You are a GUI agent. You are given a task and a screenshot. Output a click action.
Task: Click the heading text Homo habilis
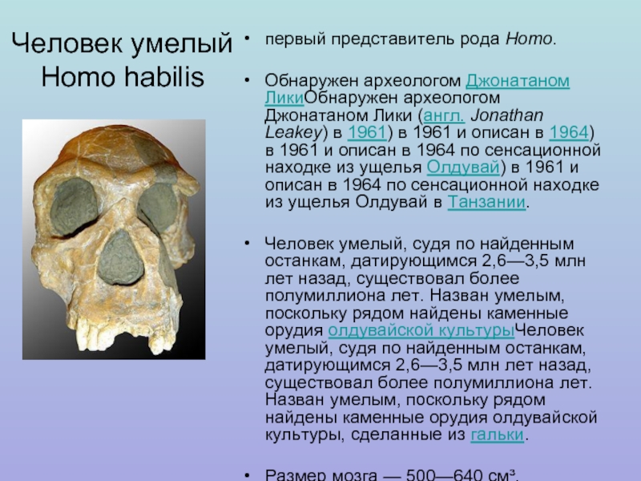point(123,77)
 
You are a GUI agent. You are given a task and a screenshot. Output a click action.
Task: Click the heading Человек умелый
point(122,43)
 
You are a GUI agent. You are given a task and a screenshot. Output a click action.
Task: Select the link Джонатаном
point(518,81)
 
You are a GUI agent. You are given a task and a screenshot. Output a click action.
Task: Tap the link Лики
point(284,98)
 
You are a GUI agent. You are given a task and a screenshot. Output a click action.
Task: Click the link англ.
point(444,115)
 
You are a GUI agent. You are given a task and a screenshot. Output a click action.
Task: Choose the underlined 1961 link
point(367,132)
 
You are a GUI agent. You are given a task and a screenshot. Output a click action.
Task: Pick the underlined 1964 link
point(568,132)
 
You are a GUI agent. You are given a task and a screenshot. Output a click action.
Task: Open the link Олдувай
point(463,168)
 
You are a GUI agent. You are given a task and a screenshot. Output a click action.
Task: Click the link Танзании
point(486,202)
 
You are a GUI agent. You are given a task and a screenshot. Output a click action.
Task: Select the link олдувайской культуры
point(421,330)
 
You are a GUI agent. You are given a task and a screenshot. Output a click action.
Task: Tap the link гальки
point(497,435)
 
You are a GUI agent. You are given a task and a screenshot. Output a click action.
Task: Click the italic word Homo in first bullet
point(529,39)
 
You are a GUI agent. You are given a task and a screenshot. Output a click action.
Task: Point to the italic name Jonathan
point(507,115)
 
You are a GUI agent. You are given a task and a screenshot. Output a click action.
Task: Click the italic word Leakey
point(294,133)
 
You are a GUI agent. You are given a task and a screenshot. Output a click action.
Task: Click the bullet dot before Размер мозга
point(247,475)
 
